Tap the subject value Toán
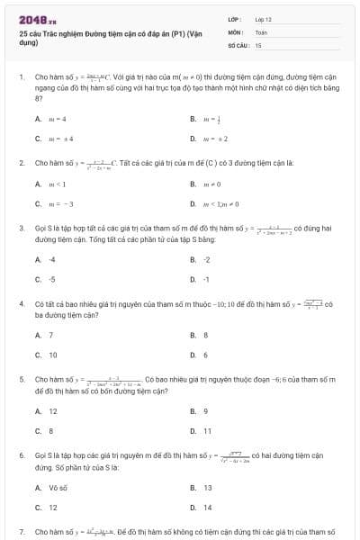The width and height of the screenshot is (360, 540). [260, 31]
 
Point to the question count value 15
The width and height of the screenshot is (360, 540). [258, 43]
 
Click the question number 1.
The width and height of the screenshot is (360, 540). [21, 78]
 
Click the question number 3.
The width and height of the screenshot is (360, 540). [21, 229]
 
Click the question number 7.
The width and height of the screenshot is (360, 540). [21, 532]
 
